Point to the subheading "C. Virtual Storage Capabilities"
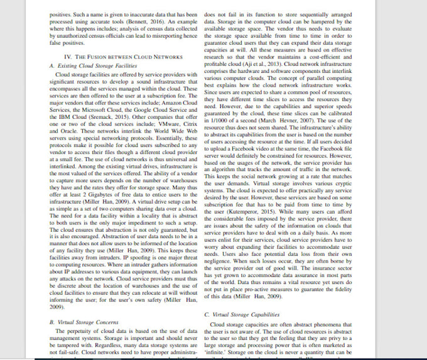(x=243, y=313)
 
